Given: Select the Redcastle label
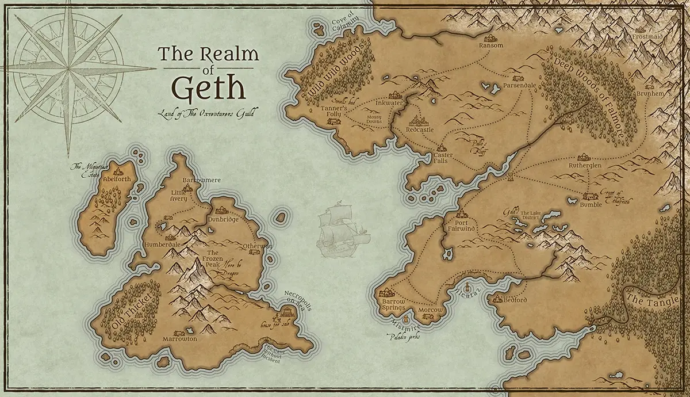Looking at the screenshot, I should point(420,130).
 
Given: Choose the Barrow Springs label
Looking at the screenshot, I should point(393,304).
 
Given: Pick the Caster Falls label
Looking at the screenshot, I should point(443,158).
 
